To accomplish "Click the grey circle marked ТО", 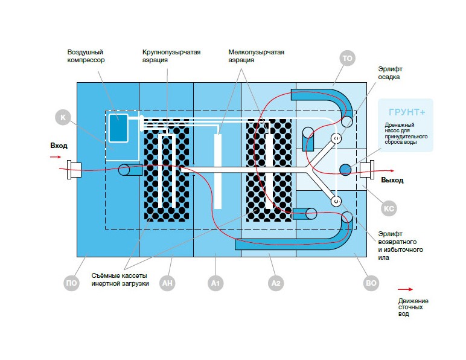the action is (347, 58).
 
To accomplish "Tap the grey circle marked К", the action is (63, 117).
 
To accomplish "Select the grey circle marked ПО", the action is (71, 283).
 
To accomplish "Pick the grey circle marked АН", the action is (167, 283).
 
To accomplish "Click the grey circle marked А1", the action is (215, 283).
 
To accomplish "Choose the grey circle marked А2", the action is (276, 283).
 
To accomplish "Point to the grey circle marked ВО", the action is (371, 283).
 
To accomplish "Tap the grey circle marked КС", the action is (389, 208).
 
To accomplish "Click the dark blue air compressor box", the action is (118, 128).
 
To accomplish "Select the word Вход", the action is (59, 146).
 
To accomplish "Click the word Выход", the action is (392, 180).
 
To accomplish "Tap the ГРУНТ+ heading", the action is (407, 112).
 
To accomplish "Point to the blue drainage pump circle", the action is (345, 170).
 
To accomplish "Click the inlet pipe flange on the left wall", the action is (74, 170).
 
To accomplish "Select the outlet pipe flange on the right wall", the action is (367, 170).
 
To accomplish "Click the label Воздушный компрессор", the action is (86, 56).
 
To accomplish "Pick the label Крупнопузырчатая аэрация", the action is (171, 56).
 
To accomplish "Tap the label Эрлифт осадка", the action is (390, 73).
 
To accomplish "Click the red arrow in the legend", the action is (406, 289).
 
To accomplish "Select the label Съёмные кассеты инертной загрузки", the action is (120, 280).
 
